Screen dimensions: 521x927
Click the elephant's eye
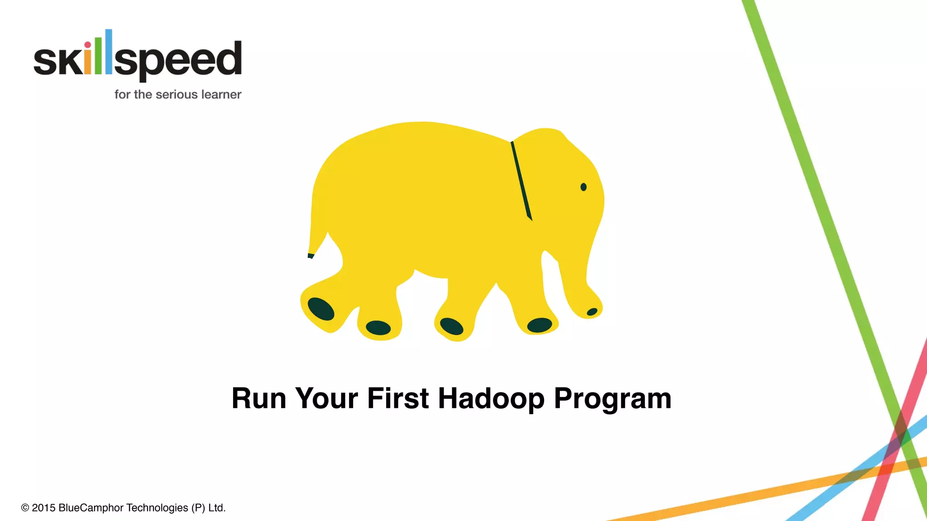point(583,187)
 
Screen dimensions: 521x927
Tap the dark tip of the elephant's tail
point(311,256)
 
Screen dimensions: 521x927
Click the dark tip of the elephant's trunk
point(592,312)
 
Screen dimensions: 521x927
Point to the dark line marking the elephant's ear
point(521,181)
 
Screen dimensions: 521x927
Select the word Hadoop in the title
point(491,398)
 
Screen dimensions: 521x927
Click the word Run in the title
point(259,398)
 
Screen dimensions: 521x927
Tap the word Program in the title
point(612,398)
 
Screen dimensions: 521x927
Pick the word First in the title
point(398,398)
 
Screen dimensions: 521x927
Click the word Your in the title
point(326,398)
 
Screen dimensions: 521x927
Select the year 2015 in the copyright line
point(43,508)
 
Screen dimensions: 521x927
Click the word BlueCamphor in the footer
point(91,508)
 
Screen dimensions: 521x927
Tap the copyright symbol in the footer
point(25,508)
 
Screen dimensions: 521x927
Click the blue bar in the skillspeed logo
point(109,52)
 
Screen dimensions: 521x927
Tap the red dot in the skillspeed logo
point(88,45)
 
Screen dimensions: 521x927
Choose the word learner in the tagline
point(221,95)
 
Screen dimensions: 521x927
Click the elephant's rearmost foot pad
point(321,309)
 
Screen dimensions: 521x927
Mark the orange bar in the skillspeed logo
point(88,63)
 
